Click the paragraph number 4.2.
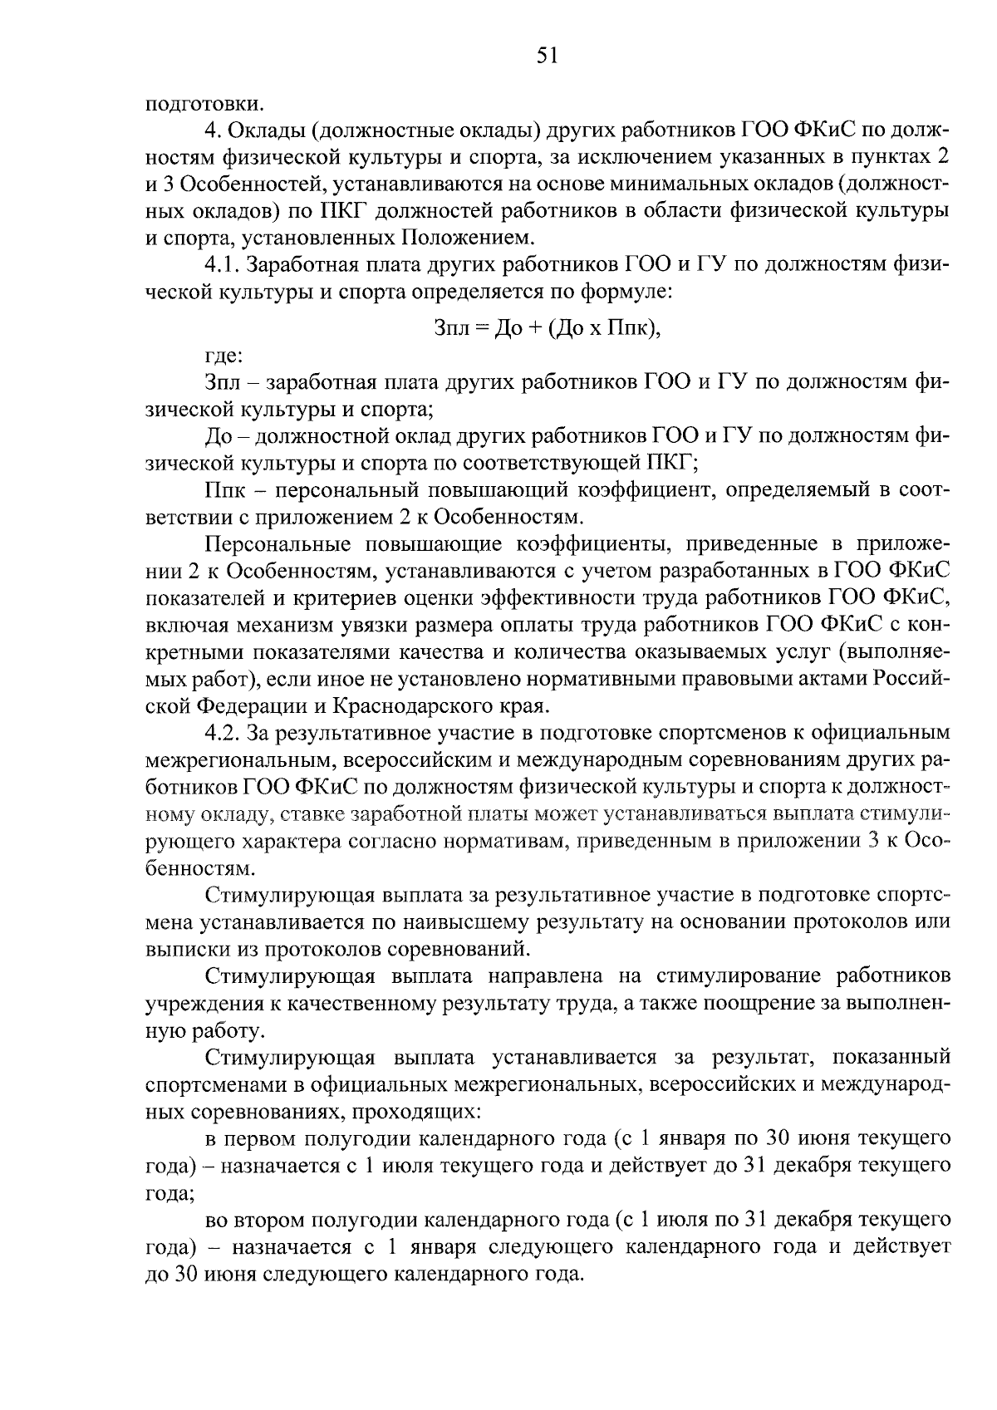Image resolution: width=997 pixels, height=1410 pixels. coord(223,733)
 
